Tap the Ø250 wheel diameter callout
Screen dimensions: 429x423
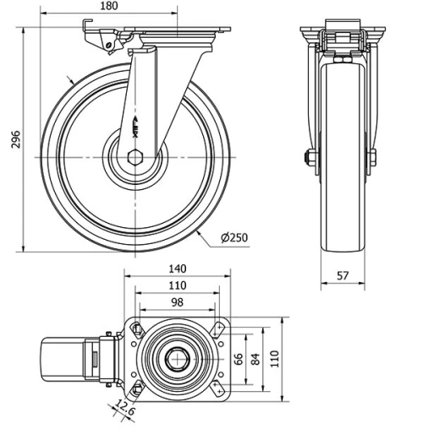pos(233,239)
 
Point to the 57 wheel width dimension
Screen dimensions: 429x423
pos(343,275)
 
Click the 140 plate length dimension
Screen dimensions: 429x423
pos(177,269)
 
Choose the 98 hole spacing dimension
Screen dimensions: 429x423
pos(177,301)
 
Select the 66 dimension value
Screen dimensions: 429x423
pos(239,358)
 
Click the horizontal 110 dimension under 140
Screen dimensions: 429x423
pos(177,285)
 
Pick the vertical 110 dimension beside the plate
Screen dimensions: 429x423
pos(272,358)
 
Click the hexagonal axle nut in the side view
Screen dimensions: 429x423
pos(135,156)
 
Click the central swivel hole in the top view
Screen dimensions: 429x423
pos(177,358)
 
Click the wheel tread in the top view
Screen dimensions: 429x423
pos(63,359)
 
